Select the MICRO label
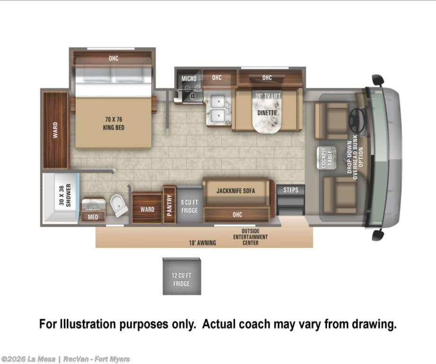[189, 78]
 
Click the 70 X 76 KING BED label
[113, 123]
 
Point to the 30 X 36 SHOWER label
[65, 195]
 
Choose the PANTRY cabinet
[169, 205]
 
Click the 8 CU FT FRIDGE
[190, 205]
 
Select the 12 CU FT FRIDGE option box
[182, 276]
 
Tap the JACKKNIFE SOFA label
[236, 191]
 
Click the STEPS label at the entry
[291, 190]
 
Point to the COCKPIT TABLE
[327, 158]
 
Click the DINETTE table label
[267, 113]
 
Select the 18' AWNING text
[202, 243]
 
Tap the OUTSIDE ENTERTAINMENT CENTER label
[250, 237]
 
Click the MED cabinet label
[93, 217]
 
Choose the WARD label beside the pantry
[147, 209]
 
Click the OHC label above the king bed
[113, 58]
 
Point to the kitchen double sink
[218, 109]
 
